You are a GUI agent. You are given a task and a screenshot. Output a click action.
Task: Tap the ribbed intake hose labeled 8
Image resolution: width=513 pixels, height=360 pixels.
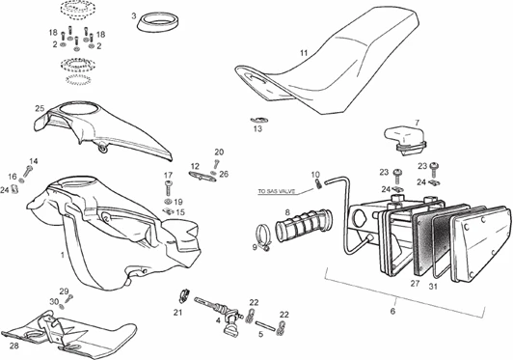pos(303,226)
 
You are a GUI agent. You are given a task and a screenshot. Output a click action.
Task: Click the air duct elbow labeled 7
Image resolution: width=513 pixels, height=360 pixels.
pos(405,138)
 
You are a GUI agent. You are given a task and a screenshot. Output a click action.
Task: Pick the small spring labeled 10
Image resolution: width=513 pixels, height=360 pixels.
pos(318,183)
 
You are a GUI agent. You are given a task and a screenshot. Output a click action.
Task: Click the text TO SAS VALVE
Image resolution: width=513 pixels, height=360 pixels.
pos(277,191)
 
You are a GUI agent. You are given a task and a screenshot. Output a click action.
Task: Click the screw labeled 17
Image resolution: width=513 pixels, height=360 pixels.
pos(169,188)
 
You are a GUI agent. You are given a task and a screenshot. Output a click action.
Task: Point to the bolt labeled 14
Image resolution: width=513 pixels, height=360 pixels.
pos(28,171)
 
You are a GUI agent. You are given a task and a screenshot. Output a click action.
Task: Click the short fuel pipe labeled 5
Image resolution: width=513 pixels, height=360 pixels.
pos(263,325)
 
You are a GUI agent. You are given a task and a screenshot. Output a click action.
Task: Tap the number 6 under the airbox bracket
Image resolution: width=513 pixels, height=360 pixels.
pos(392,311)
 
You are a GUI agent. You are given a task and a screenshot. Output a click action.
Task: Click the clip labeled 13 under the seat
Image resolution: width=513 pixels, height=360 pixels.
pos(259,121)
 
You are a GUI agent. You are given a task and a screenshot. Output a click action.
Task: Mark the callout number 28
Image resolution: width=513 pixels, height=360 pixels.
pos(14,346)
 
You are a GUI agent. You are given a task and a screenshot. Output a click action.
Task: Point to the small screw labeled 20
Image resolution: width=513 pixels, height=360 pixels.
pos(216,163)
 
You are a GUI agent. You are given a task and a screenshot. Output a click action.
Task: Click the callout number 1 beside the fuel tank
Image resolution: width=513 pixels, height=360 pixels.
pos(63,254)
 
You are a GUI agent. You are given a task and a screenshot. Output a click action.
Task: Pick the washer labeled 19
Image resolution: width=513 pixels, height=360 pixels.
pos(169,202)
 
